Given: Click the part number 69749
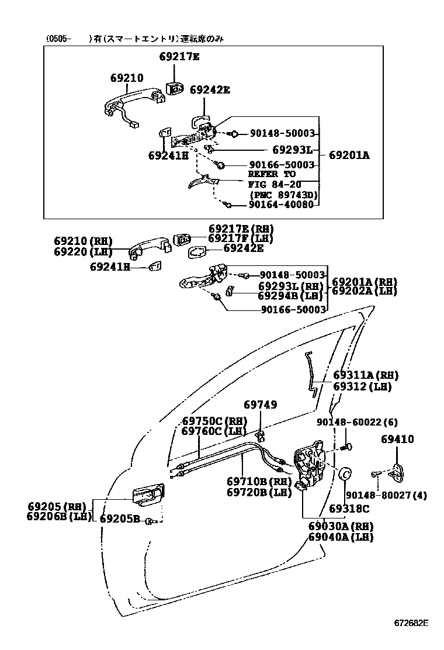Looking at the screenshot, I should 261,404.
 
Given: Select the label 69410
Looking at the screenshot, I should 398,439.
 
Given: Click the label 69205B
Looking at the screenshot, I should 119,518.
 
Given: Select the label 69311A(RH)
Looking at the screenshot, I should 366,375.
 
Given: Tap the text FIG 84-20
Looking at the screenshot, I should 272,184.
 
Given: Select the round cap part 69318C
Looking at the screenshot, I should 345,474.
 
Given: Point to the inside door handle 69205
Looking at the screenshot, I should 149,497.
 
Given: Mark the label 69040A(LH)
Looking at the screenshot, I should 341,537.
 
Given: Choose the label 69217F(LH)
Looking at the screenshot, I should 241,238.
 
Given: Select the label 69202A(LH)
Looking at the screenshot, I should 365,291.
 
